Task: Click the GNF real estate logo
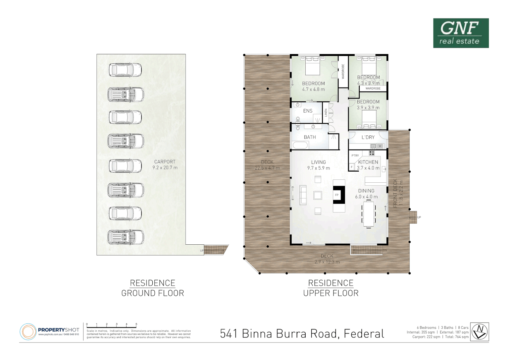click(461, 33)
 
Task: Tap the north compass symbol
click(479, 331)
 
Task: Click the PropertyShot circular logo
click(28, 332)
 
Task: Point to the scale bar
click(111, 326)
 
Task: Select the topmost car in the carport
click(125, 70)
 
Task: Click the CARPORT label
click(165, 162)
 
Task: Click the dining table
click(368, 214)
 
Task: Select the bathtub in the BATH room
click(300, 145)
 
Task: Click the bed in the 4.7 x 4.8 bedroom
click(312, 66)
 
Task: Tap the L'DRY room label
click(368, 137)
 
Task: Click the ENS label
click(308, 111)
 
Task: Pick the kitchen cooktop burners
click(372, 153)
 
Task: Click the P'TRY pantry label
click(355, 156)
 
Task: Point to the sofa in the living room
click(303, 195)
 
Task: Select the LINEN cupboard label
click(326, 113)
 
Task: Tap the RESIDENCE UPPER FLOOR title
click(331, 288)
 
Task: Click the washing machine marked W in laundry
click(380, 146)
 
